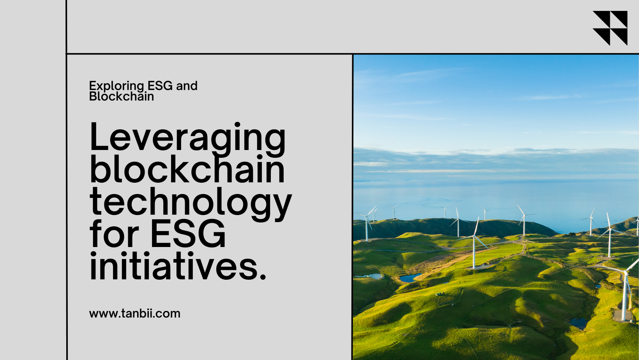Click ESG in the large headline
[188, 234]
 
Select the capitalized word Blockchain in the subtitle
[122, 96]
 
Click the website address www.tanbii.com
[135, 314]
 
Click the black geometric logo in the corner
[610, 28]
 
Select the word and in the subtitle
[187, 86]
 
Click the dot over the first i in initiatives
[93, 254]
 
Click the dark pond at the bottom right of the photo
[579, 323]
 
